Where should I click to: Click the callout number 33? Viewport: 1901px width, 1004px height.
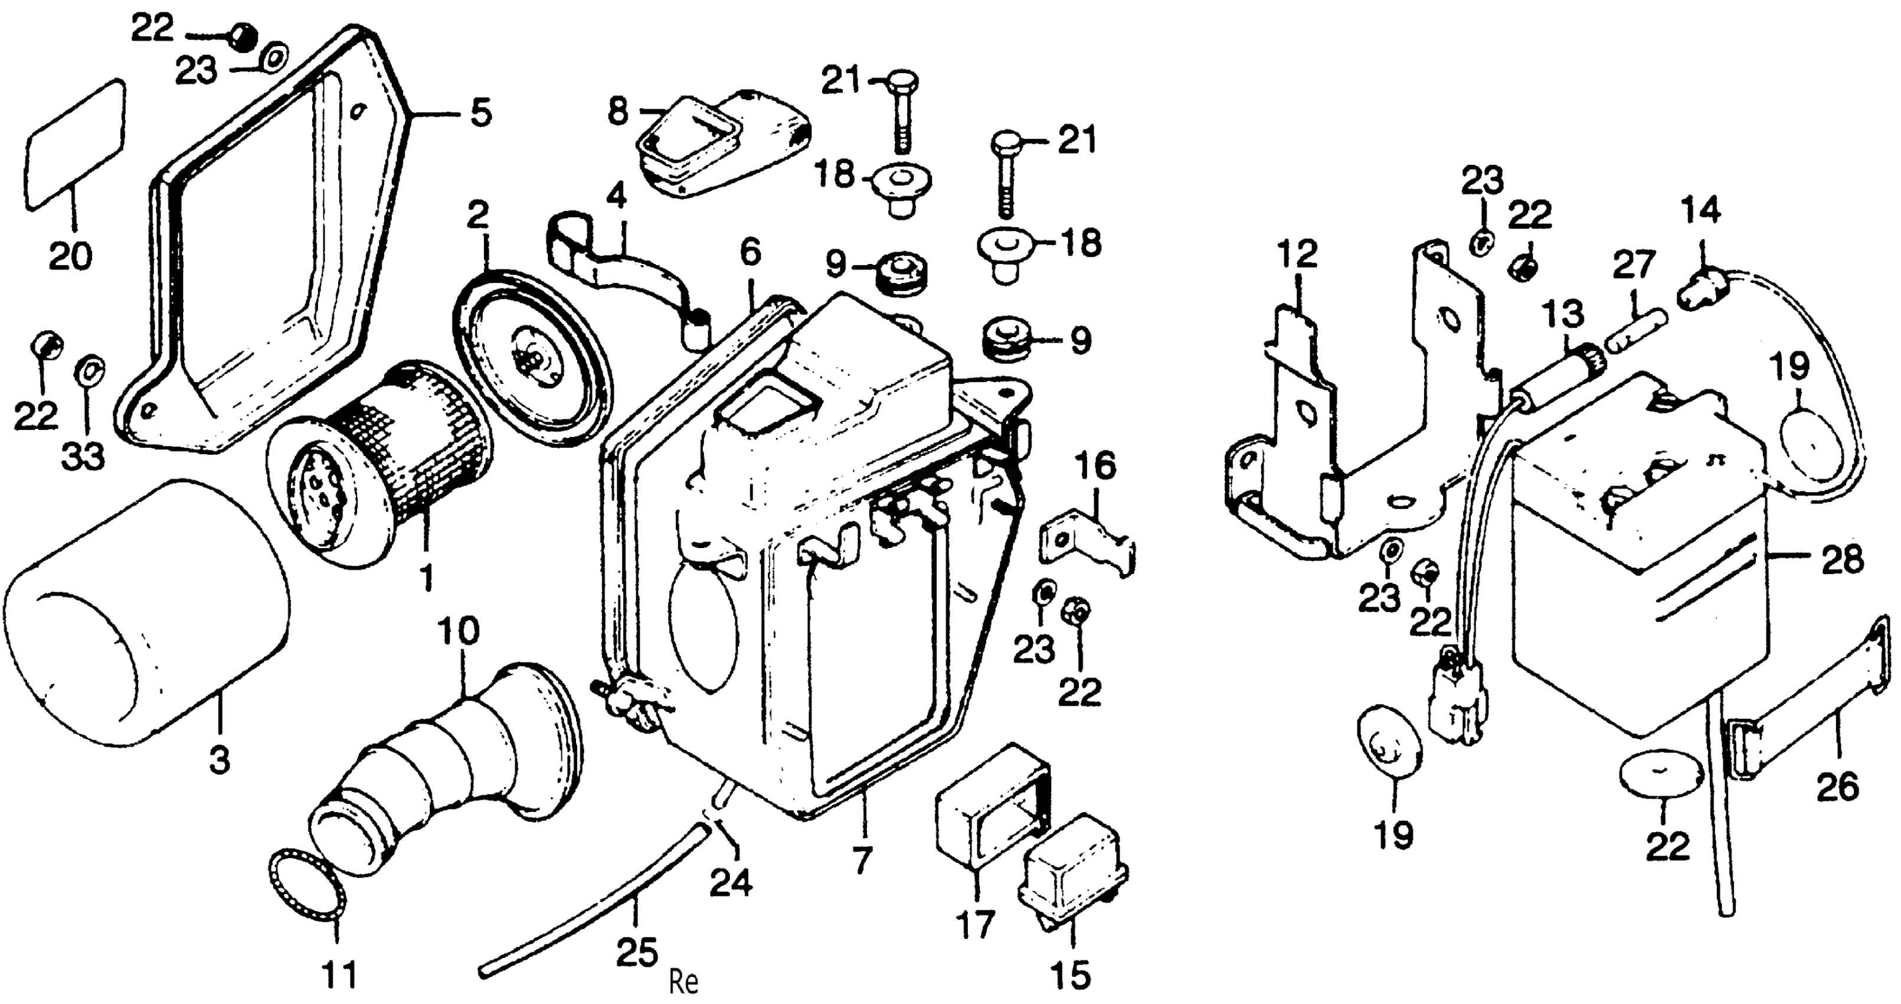click(x=83, y=457)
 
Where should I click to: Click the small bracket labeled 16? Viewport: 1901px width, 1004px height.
click(x=1088, y=539)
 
